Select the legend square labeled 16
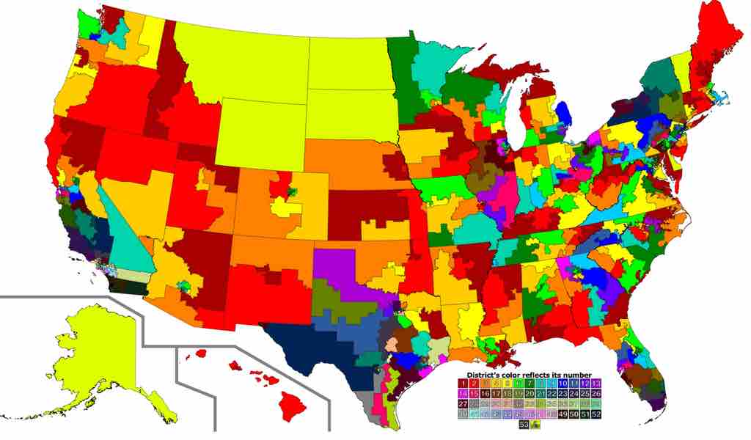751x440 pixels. point(485,394)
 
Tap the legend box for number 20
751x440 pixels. point(529,394)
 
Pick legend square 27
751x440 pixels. point(463,404)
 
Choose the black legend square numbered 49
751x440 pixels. point(562,415)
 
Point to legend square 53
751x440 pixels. point(524,425)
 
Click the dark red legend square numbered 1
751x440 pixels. point(463,383)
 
